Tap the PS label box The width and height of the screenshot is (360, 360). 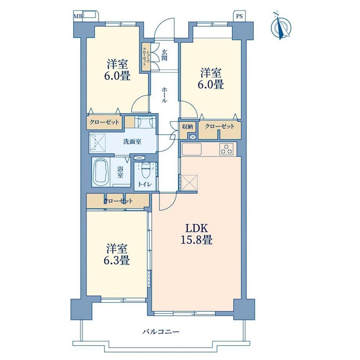click(239, 16)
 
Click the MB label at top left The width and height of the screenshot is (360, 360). click(77, 16)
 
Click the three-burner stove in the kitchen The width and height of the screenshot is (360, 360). click(227, 149)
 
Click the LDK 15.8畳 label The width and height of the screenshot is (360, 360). click(196, 234)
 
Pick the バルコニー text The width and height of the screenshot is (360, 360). click(161, 332)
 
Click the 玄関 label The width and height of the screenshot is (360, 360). click(164, 55)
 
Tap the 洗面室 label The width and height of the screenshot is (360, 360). click(132, 142)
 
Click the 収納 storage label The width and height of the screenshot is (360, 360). click(187, 126)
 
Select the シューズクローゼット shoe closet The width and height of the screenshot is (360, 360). click(145, 57)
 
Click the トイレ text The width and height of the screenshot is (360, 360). click(145, 184)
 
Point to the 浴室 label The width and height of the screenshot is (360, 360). click(120, 172)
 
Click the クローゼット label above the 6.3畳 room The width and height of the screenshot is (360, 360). click(118, 201)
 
